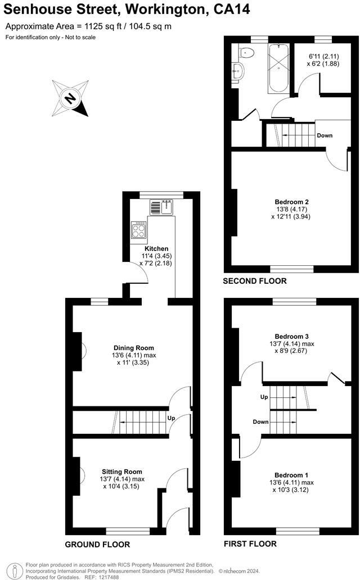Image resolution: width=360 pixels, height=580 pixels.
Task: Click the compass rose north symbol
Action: pyautogui.click(x=70, y=99)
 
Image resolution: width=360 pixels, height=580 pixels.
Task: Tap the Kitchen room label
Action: pyautogui.click(x=156, y=248)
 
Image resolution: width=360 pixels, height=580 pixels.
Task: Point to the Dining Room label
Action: pyautogui.click(x=134, y=348)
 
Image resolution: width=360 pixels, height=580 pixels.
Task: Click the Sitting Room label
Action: pyautogui.click(x=122, y=472)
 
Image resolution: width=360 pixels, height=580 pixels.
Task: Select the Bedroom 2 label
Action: pyautogui.click(x=291, y=202)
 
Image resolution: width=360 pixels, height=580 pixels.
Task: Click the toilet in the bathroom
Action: pyautogui.click(x=246, y=52)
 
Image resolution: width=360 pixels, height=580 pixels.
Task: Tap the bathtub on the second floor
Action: pyautogui.click(x=279, y=70)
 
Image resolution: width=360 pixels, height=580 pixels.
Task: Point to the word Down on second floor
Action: pyautogui.click(x=325, y=135)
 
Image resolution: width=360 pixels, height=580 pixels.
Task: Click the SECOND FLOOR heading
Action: pyautogui.click(x=255, y=281)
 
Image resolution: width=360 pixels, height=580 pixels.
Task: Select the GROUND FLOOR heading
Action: pyautogui.click(x=97, y=545)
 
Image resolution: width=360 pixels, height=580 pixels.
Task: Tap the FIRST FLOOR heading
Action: pyautogui.click(x=250, y=544)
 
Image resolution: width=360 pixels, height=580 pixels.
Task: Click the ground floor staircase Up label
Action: pyautogui.click(x=170, y=419)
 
